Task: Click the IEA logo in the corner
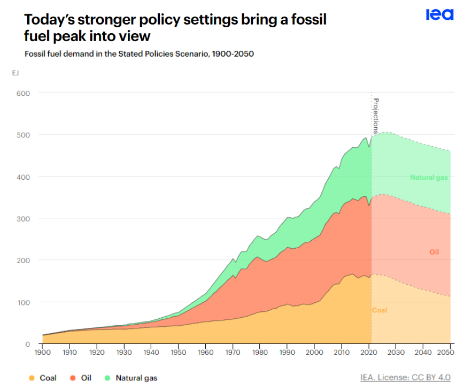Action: point(439,15)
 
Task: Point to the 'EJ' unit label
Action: point(15,73)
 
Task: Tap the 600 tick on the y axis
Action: point(23,93)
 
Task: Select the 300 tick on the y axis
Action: point(23,219)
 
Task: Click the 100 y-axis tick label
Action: point(23,302)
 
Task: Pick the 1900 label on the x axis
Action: point(42,353)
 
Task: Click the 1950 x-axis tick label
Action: point(178,353)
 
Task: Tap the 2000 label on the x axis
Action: point(314,353)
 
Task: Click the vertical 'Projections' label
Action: point(376,115)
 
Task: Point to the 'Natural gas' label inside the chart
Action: point(429,178)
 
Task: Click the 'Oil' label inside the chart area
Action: point(434,251)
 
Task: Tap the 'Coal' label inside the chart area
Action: point(379,310)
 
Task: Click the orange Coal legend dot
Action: point(32,378)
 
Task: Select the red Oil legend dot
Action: point(73,378)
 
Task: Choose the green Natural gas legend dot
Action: point(107,378)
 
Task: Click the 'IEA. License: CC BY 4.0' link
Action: point(405,378)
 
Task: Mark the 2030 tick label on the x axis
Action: point(396,353)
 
